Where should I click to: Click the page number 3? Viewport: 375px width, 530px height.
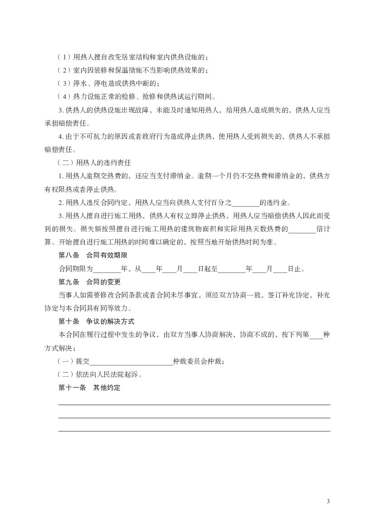pos(328,501)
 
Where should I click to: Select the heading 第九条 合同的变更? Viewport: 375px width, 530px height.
pos(86,282)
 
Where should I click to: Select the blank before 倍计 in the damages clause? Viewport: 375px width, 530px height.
pos(302,229)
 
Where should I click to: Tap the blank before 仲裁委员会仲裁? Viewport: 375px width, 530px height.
pos(131,362)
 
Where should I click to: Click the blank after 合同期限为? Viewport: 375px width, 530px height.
pos(107,269)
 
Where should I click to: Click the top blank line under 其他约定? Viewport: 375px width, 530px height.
pos(194,404)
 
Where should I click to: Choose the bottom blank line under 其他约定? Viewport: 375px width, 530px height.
pos(194,431)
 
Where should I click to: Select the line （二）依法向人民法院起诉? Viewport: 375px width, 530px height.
pos(100,375)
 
